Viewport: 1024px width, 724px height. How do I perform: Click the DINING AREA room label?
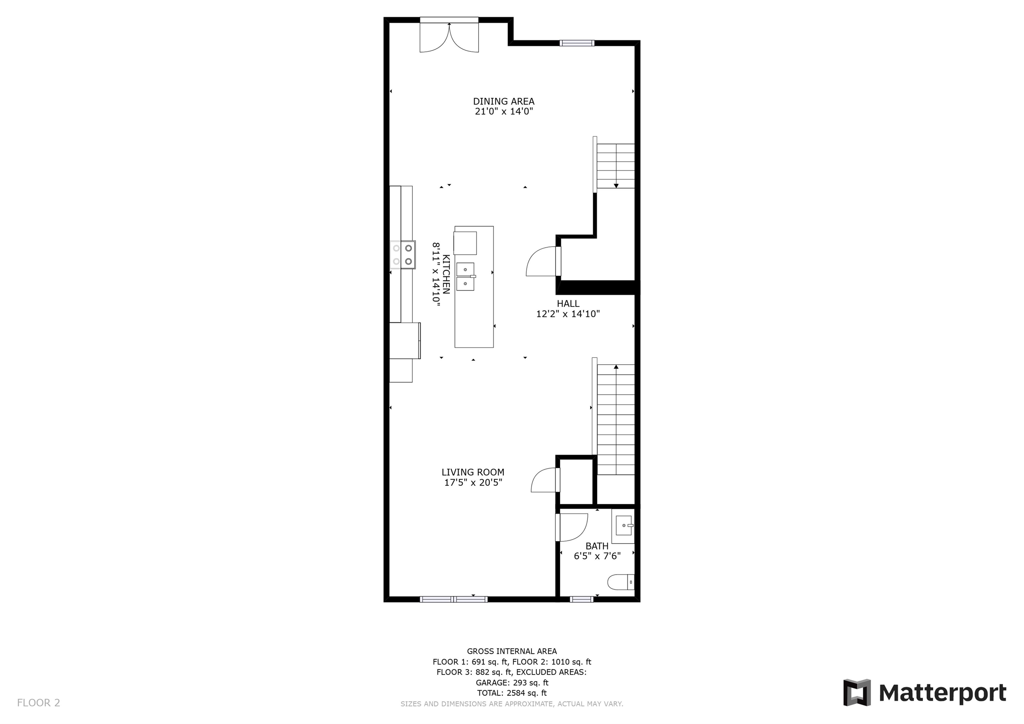(x=504, y=101)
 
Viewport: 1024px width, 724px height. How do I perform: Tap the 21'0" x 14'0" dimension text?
(x=504, y=112)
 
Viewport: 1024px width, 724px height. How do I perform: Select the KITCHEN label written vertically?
(x=446, y=274)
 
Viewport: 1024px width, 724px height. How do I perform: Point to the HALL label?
(x=568, y=303)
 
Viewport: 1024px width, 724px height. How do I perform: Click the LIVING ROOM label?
(x=473, y=472)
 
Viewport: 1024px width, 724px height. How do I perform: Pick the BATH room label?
(x=597, y=546)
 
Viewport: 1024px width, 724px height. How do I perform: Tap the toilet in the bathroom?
(x=620, y=582)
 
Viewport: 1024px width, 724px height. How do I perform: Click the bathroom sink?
(x=623, y=525)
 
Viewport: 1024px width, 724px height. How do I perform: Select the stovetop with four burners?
(x=403, y=255)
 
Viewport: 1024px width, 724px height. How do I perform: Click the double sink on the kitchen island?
(x=465, y=277)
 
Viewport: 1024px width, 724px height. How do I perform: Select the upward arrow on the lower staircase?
(x=616, y=367)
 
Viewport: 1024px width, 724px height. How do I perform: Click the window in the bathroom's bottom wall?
(x=582, y=599)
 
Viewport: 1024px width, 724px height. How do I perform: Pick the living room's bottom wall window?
(x=454, y=599)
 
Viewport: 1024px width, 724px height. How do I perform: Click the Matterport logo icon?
(x=857, y=692)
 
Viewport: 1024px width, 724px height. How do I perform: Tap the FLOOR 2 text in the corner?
(x=38, y=703)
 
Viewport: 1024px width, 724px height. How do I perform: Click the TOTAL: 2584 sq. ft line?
(x=512, y=693)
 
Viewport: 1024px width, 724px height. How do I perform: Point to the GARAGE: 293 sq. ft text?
(x=512, y=683)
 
